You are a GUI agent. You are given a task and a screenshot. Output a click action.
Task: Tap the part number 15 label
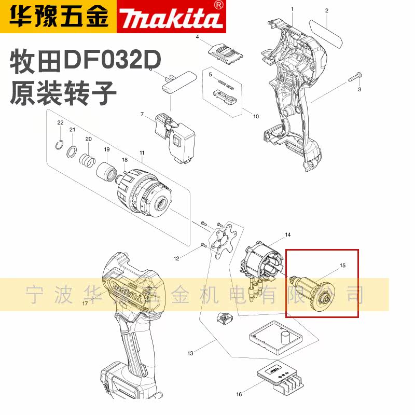(342, 265)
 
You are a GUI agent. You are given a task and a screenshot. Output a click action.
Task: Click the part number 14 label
(288, 235)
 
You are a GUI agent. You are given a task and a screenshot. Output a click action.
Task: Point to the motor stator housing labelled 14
(262, 265)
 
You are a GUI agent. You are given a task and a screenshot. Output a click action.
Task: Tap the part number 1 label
(292, 9)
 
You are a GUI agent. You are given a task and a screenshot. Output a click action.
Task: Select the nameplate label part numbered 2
(327, 31)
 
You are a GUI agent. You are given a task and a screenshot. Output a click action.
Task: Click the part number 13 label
(190, 353)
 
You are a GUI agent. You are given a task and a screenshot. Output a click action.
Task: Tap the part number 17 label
(85, 303)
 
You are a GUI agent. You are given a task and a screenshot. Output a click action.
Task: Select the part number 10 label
(256, 116)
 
